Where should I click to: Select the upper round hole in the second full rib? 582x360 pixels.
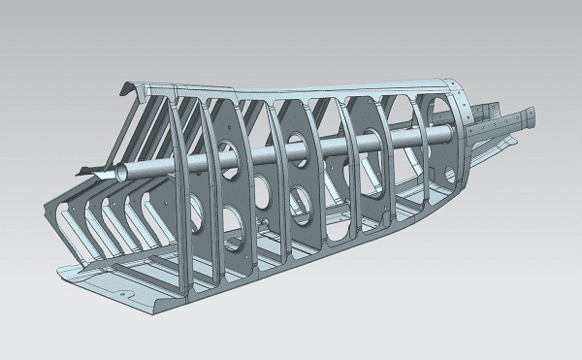pos(296,143)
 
